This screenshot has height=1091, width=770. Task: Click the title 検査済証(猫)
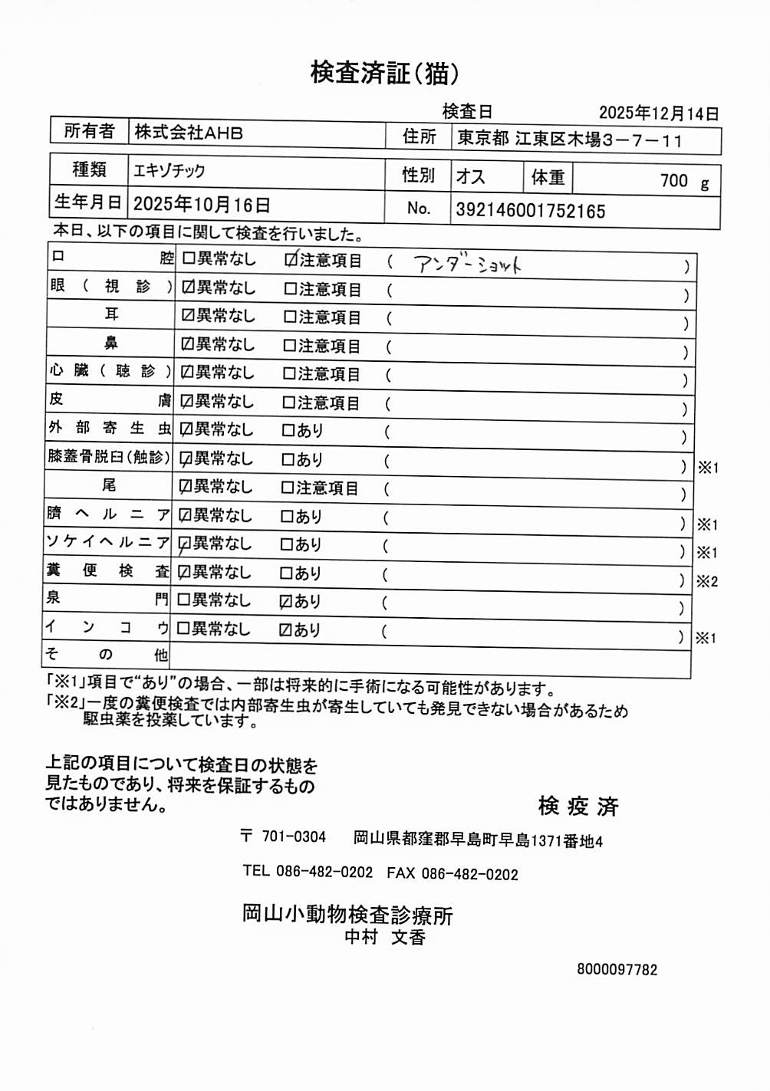(x=384, y=73)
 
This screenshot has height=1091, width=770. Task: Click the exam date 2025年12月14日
(x=659, y=113)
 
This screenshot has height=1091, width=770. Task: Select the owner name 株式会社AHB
(x=189, y=133)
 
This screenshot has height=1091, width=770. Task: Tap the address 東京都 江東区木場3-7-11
(x=569, y=140)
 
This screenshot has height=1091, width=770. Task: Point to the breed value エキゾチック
(x=169, y=170)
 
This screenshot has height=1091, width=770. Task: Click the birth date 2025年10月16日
(x=202, y=205)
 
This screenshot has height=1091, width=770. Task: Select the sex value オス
(x=471, y=177)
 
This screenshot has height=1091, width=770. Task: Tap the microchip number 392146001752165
(x=531, y=211)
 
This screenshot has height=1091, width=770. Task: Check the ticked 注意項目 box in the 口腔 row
(x=291, y=261)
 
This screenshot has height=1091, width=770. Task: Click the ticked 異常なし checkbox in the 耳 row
(x=188, y=316)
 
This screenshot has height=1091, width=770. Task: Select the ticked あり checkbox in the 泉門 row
(x=286, y=602)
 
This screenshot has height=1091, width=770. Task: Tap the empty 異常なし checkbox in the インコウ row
(x=183, y=629)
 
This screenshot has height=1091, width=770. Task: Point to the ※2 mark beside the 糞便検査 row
(x=706, y=581)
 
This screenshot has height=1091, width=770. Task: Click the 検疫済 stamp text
(x=578, y=807)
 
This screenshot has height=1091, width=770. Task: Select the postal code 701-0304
(x=294, y=836)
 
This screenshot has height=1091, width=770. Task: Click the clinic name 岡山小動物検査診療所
(x=347, y=915)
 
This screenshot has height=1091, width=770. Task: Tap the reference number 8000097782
(x=617, y=970)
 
